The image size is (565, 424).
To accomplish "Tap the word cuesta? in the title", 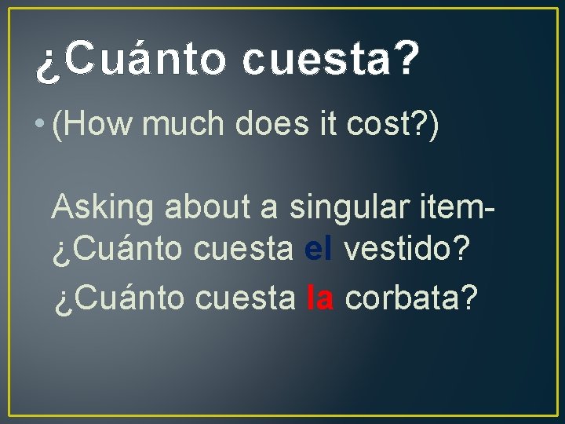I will pyautogui.click(x=331, y=62).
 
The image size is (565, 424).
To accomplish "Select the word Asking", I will pyautogui.click(x=103, y=208).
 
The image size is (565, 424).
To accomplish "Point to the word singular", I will pyautogui.click(x=348, y=208).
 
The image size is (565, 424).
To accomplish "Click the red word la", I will pyautogui.click(x=321, y=297).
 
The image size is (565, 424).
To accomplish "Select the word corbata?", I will pyautogui.click(x=411, y=297).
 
